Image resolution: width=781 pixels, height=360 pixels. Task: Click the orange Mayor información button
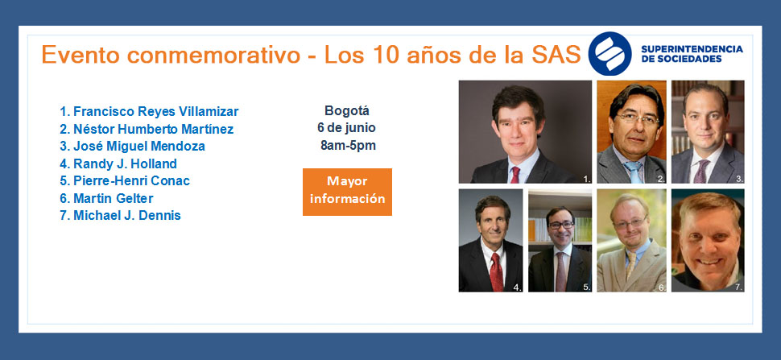(x=347, y=192)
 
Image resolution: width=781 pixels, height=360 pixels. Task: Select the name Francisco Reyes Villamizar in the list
(x=156, y=111)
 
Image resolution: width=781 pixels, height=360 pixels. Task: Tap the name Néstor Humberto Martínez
(x=154, y=129)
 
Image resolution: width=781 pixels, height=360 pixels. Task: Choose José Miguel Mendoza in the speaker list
(x=139, y=147)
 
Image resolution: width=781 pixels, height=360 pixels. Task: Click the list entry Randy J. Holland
(x=125, y=163)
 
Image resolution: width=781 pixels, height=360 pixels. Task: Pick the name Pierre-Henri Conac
(x=131, y=180)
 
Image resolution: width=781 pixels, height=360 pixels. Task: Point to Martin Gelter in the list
(x=113, y=198)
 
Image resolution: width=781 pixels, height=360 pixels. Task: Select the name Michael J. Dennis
(x=127, y=216)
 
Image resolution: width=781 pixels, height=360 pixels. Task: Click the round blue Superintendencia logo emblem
(x=610, y=54)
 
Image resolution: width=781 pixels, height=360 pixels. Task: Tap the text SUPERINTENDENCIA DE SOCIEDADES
(x=692, y=54)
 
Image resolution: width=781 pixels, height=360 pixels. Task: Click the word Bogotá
(x=347, y=110)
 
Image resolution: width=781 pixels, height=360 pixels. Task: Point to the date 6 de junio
(x=347, y=128)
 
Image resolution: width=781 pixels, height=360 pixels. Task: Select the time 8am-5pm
(x=348, y=146)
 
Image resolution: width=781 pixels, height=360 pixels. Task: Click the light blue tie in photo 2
(x=634, y=172)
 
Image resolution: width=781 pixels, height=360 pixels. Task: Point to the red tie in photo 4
(x=497, y=272)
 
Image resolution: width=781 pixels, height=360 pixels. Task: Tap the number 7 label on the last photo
(x=738, y=287)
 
